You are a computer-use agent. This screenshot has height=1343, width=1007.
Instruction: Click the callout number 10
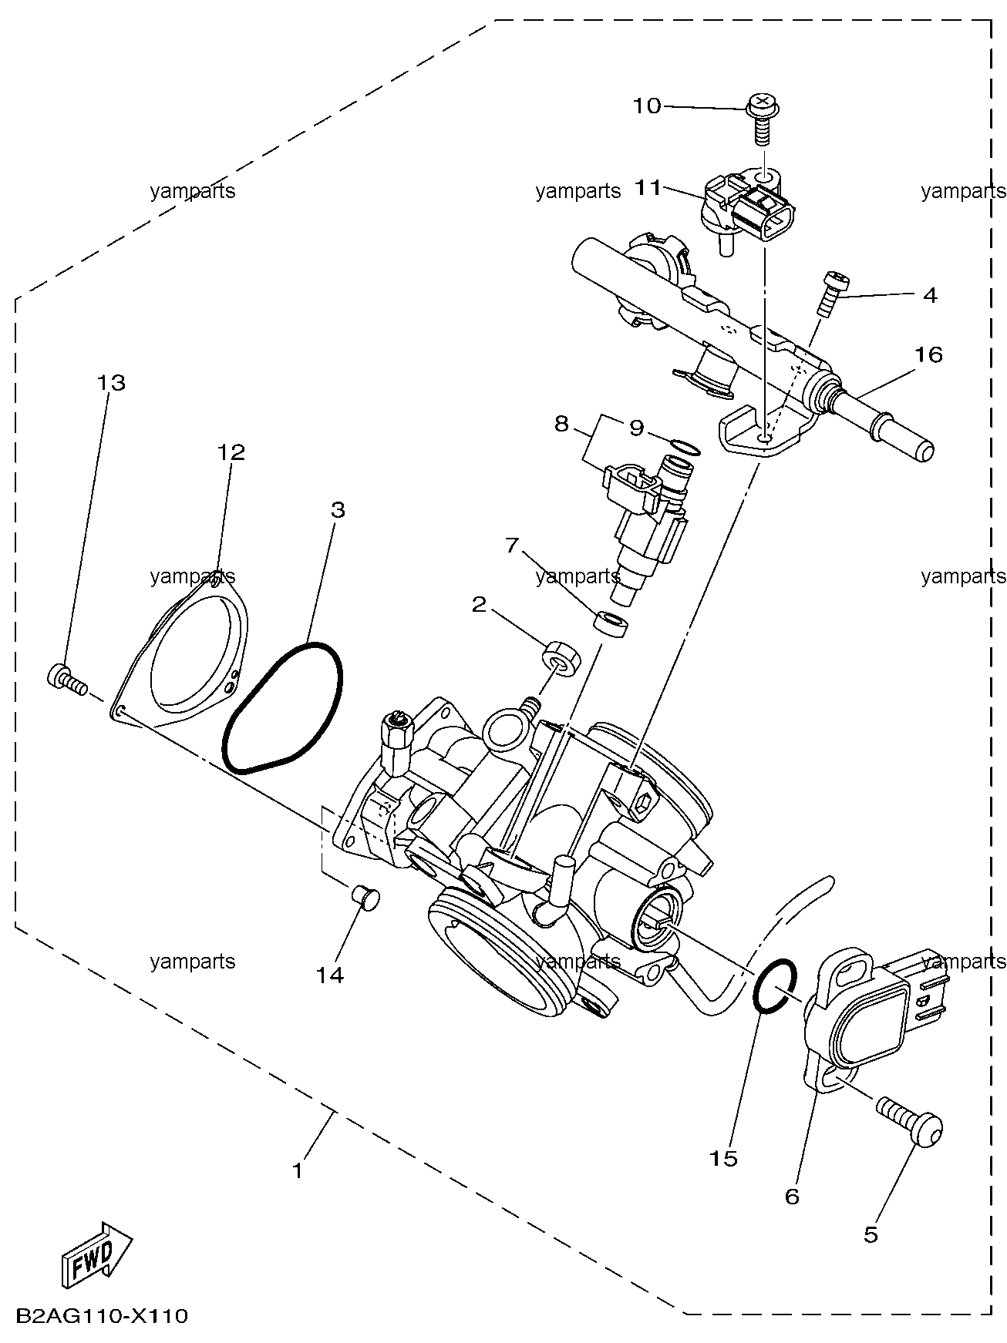648,106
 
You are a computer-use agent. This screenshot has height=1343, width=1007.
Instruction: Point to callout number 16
929,354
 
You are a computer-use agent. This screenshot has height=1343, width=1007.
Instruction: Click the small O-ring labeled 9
685,447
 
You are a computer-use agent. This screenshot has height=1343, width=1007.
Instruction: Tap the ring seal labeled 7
613,623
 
